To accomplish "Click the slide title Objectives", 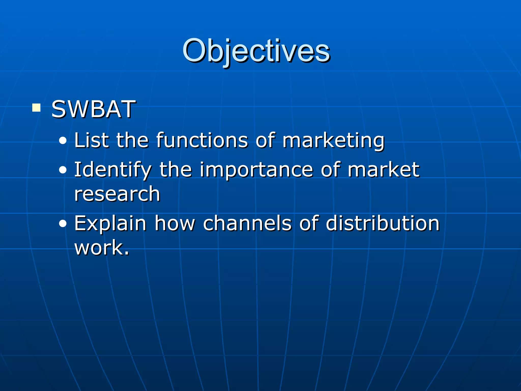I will [x=256, y=51].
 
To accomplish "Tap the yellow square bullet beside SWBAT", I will [x=36, y=108].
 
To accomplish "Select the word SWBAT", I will [x=93, y=109].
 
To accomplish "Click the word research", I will [x=117, y=194].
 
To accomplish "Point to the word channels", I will [x=247, y=223].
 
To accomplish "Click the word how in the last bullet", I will [x=175, y=223].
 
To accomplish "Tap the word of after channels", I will [x=309, y=223].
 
